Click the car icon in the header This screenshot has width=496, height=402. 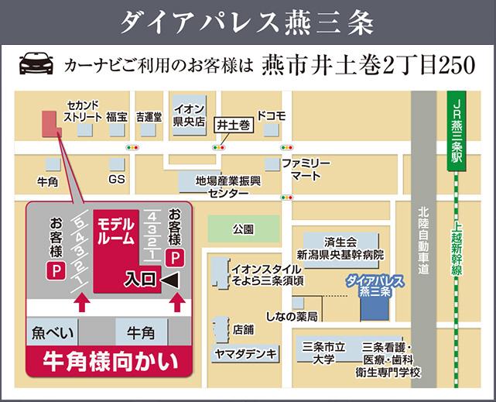(x=35, y=63)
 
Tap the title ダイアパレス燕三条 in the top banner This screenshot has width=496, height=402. (x=248, y=22)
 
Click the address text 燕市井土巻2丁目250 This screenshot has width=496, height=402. (x=368, y=64)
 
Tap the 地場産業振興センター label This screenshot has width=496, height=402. (x=228, y=185)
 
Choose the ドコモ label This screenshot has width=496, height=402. (x=271, y=116)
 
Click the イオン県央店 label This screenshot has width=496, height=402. (x=189, y=115)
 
